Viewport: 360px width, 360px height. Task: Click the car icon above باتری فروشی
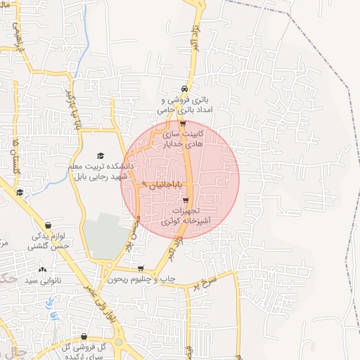(x=184, y=89)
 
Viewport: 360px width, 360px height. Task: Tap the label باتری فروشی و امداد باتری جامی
(x=184, y=105)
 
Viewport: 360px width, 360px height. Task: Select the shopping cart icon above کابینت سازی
(x=183, y=124)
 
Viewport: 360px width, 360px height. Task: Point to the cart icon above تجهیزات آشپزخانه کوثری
(x=186, y=200)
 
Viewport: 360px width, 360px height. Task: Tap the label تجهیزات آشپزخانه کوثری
(x=186, y=215)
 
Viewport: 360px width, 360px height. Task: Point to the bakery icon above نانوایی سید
(x=43, y=269)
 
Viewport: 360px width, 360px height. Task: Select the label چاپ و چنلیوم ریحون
(x=139, y=280)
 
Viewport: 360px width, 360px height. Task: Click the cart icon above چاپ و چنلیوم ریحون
(x=141, y=268)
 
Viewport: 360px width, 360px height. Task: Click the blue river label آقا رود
(x=51, y=310)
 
